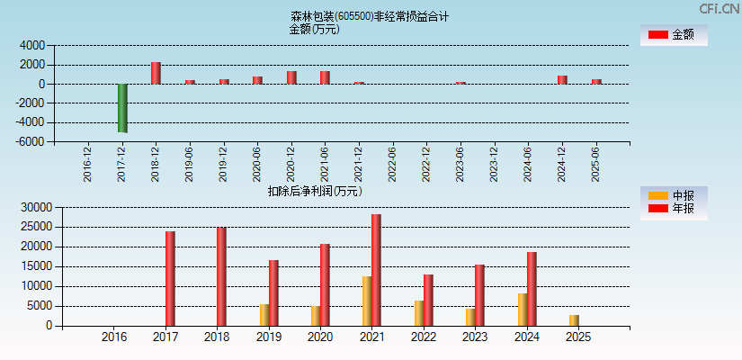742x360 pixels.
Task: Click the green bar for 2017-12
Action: click(122, 108)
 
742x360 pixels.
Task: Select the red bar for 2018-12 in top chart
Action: click(156, 73)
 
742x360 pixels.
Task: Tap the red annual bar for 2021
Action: click(376, 270)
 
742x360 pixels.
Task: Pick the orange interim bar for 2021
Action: click(367, 301)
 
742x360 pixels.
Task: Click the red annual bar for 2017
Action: click(170, 278)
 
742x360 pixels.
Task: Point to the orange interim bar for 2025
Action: click(574, 320)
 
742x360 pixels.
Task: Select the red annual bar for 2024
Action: click(532, 289)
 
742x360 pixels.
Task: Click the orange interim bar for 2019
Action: click(264, 315)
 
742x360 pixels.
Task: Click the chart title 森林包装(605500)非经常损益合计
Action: click(370, 16)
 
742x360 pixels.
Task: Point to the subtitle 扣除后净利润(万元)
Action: click(314, 191)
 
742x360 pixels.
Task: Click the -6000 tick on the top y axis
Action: click(31, 142)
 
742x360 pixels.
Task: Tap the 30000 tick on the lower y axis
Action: click(34, 207)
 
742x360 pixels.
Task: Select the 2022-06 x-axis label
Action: click(392, 165)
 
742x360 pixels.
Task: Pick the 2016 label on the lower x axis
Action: click(114, 337)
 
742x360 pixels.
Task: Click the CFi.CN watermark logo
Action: click(718, 8)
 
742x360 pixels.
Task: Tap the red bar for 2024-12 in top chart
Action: click(562, 79)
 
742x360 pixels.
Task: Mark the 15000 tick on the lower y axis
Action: click(34, 266)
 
